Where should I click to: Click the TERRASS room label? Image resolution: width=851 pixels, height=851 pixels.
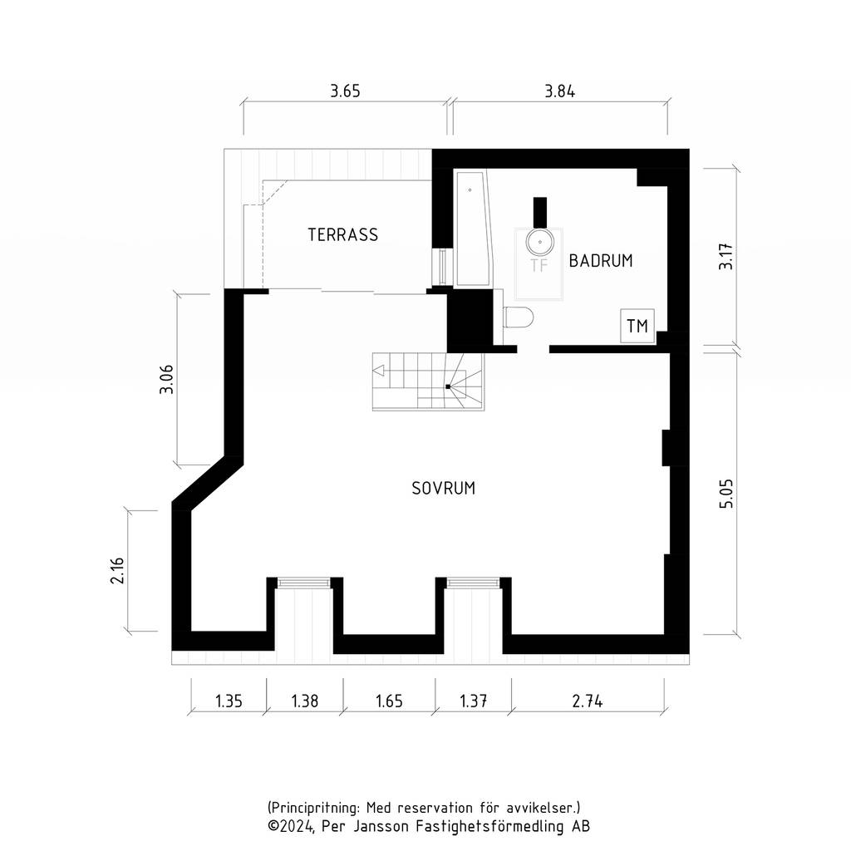pos(342,234)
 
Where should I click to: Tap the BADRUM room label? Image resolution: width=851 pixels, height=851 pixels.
pos(601,260)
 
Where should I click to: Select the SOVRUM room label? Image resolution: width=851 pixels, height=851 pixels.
pos(444,489)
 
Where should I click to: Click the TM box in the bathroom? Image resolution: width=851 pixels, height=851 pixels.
pos(637,326)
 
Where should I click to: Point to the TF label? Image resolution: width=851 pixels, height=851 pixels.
pos(539,265)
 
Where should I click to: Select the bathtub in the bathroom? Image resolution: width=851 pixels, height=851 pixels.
pos(474,229)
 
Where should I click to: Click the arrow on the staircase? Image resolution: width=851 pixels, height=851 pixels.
pos(379,371)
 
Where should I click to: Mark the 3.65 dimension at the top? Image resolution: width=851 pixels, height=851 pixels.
pos(345,91)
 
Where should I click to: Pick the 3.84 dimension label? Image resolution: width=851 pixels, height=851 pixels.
pos(559,91)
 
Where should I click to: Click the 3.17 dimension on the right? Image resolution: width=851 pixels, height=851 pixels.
pos(726,257)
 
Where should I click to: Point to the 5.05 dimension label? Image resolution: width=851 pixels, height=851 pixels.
pos(726,494)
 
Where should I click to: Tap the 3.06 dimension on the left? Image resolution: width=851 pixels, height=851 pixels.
pos(166,379)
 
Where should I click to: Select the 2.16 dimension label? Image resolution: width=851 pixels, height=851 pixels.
pos(117,570)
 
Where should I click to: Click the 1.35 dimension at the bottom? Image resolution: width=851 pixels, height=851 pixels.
pos(229,701)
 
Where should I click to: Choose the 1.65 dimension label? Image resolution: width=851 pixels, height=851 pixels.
pos(389,701)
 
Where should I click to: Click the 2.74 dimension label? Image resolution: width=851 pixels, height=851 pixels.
pos(588,701)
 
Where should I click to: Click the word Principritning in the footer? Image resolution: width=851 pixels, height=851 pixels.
pos(312,808)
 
